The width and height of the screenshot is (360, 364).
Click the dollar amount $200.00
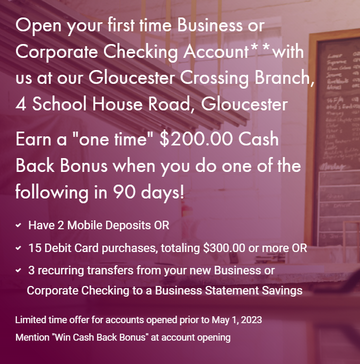(x=196, y=139)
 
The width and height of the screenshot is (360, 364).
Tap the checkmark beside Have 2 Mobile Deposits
(x=19, y=225)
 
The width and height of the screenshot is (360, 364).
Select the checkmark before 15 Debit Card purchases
(x=19, y=248)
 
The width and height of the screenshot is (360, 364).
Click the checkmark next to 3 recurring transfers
(x=19, y=270)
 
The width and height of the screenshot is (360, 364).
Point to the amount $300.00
(x=224, y=248)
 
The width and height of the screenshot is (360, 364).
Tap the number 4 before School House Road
(x=21, y=104)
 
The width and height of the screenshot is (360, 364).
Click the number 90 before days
(x=124, y=192)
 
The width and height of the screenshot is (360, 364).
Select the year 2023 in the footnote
(x=251, y=320)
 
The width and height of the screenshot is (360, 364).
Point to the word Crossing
(x=214, y=78)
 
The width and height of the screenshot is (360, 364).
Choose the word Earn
(x=33, y=139)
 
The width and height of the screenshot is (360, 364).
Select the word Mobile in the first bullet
(x=85, y=225)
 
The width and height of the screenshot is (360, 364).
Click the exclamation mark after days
(x=182, y=192)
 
